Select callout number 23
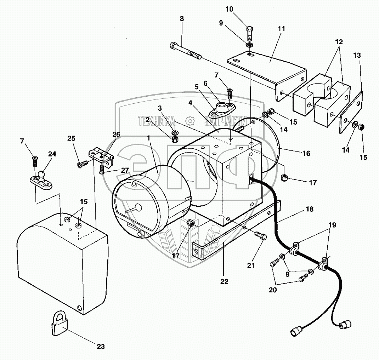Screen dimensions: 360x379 pyautogui.click(x=101, y=347)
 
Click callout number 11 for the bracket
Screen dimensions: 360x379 pyautogui.click(x=281, y=28)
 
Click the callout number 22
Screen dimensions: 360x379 pyautogui.click(x=224, y=281)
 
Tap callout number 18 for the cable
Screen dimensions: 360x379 pyautogui.click(x=309, y=210)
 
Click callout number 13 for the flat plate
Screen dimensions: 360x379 pyautogui.click(x=357, y=55)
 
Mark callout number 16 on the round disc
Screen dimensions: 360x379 pyautogui.click(x=306, y=153)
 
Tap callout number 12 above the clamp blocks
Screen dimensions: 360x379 pyautogui.click(x=339, y=41)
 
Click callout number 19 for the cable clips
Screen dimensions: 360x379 pyautogui.click(x=332, y=224)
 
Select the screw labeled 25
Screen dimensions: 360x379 pyautogui.click(x=83, y=164)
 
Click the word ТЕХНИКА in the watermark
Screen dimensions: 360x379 pyautogui.click(x=158, y=120)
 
